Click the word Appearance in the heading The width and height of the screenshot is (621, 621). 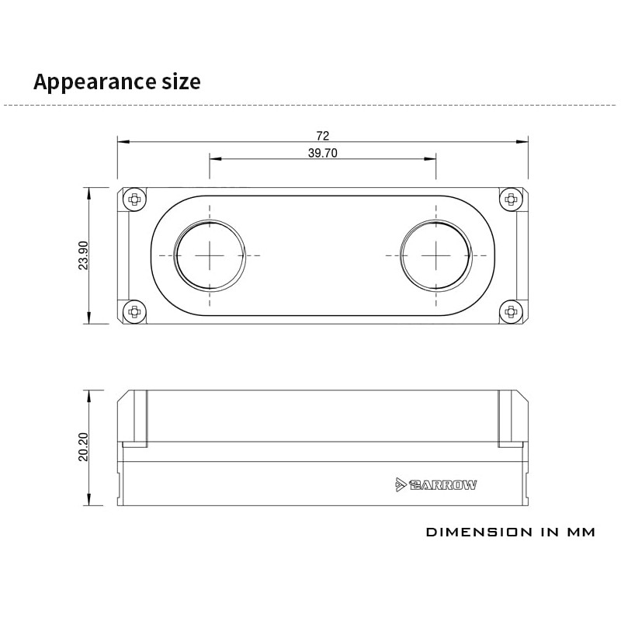coord(95,82)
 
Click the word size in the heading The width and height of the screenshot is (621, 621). coord(181,82)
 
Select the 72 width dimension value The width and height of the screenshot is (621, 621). coord(323,136)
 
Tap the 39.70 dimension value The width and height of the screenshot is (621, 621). coord(323,153)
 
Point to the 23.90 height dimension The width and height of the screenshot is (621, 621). coord(84,255)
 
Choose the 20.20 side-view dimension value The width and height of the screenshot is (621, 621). coord(84,447)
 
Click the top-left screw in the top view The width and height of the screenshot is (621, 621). coord(134,199)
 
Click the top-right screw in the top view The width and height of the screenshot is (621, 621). coord(511,199)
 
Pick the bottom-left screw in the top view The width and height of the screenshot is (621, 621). coord(134,312)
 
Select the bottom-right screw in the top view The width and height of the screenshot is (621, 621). coord(511,312)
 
